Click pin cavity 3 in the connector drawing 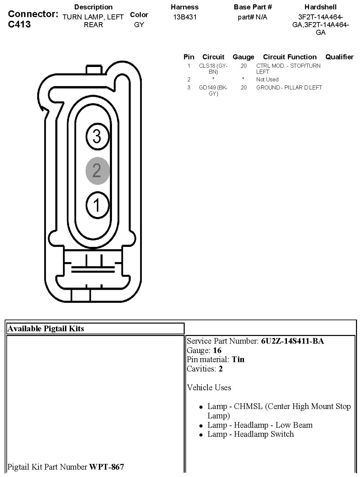coord(97,136)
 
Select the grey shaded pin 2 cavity coord(97,171)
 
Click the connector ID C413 coord(19,24)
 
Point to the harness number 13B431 coord(185,17)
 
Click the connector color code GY coord(139,25)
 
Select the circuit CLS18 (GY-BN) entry coord(213,69)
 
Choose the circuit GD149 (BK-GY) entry coord(213,90)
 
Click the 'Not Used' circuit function coord(267,79)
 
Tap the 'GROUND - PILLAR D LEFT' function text coord(289,87)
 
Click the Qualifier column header coord(339,57)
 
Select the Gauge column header coord(243,57)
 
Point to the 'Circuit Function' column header coord(290,57)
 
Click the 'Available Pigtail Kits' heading coord(46,329)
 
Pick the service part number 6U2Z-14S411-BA coord(292,341)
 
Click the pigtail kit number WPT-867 coord(106,467)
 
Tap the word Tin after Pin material coord(238,359)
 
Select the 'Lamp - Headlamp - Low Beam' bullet coord(260,425)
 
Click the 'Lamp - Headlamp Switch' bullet coord(250,434)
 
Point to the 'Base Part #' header coord(253,7)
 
